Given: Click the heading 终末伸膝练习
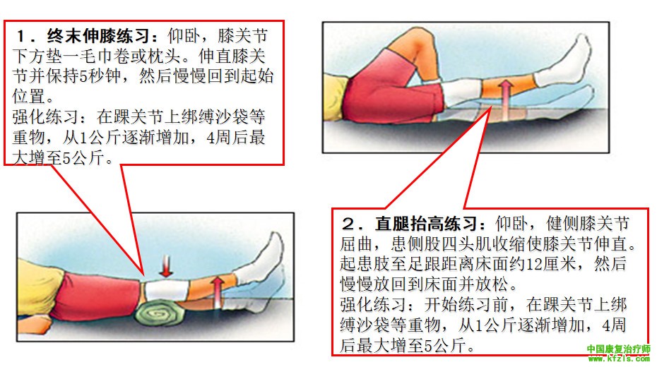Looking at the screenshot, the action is tap(98, 35).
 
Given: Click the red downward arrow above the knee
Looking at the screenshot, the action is tap(166, 266).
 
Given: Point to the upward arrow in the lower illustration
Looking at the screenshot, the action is tap(218, 292).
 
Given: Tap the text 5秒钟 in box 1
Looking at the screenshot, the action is tap(100, 76).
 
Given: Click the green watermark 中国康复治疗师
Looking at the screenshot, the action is tap(618, 349).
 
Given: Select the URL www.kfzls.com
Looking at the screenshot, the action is tap(619, 359).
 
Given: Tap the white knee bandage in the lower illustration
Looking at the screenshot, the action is tap(166, 291).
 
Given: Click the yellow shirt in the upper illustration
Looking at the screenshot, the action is tap(335, 94).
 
